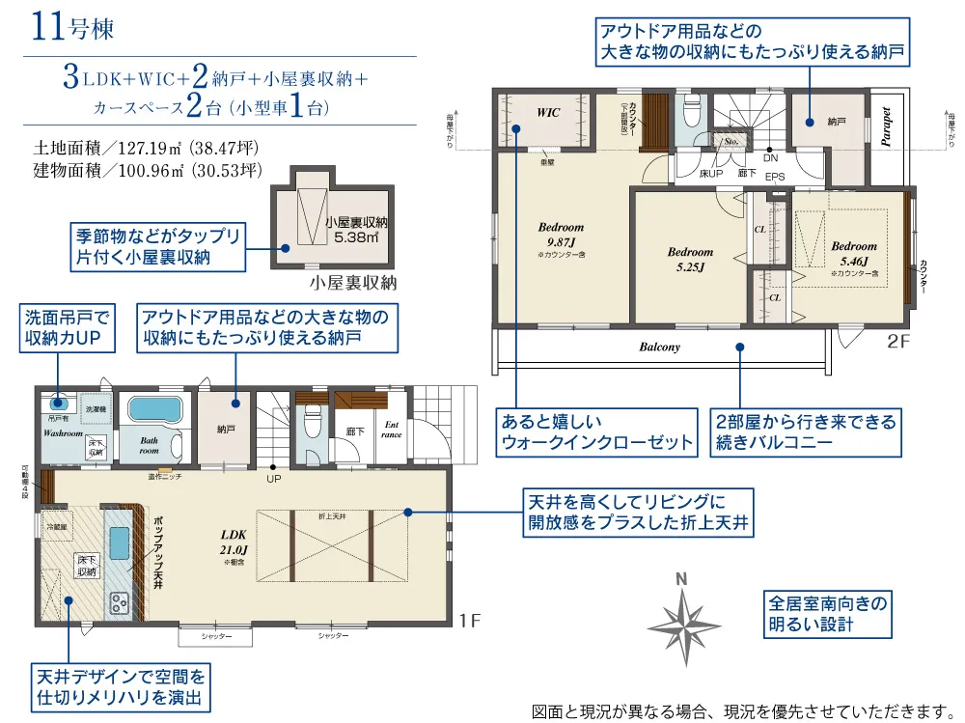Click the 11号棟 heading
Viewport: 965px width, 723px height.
pyautogui.click(x=73, y=26)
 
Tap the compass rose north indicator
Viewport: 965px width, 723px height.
pyautogui.click(x=682, y=618)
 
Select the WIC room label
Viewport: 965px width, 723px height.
pyautogui.click(x=548, y=113)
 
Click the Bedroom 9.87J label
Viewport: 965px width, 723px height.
pyautogui.click(x=561, y=235)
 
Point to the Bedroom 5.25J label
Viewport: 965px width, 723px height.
pyautogui.click(x=690, y=259)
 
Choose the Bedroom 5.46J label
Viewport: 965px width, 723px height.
pyautogui.click(x=854, y=253)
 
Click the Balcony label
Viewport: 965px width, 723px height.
pyautogui.click(x=659, y=347)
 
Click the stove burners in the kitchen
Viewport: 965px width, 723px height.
pyautogui.click(x=121, y=604)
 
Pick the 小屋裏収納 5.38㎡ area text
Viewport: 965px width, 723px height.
pyautogui.click(x=355, y=228)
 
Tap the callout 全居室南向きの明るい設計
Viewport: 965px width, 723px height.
pyautogui.click(x=826, y=613)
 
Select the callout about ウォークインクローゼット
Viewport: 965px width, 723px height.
pyautogui.click(x=595, y=432)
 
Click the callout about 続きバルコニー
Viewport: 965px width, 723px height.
pyautogui.click(x=806, y=432)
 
